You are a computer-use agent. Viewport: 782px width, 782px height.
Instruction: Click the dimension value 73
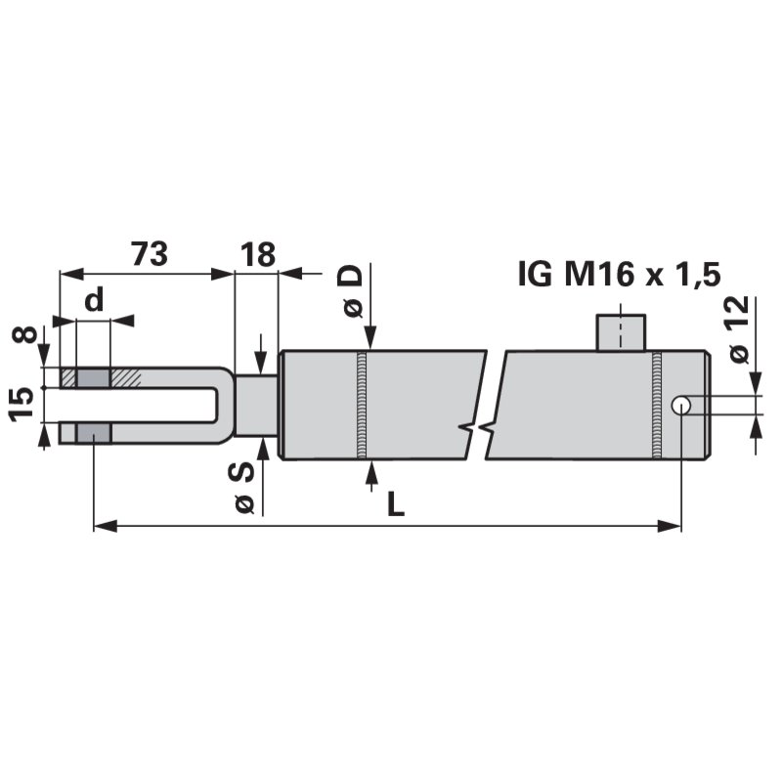[x=149, y=254]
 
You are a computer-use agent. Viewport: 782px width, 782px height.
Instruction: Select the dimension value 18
[x=256, y=254]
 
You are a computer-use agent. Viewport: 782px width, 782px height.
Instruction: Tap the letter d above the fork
[x=93, y=301]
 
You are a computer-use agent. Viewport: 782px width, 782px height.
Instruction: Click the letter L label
[x=395, y=503]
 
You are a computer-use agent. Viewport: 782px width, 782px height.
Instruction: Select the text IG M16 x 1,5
[x=619, y=275]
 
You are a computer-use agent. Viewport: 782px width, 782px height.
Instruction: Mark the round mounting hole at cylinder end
[x=681, y=405]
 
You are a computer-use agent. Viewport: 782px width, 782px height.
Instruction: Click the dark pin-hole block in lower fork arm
[x=94, y=433]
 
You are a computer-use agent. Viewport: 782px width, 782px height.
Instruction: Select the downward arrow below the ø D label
[x=370, y=336]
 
